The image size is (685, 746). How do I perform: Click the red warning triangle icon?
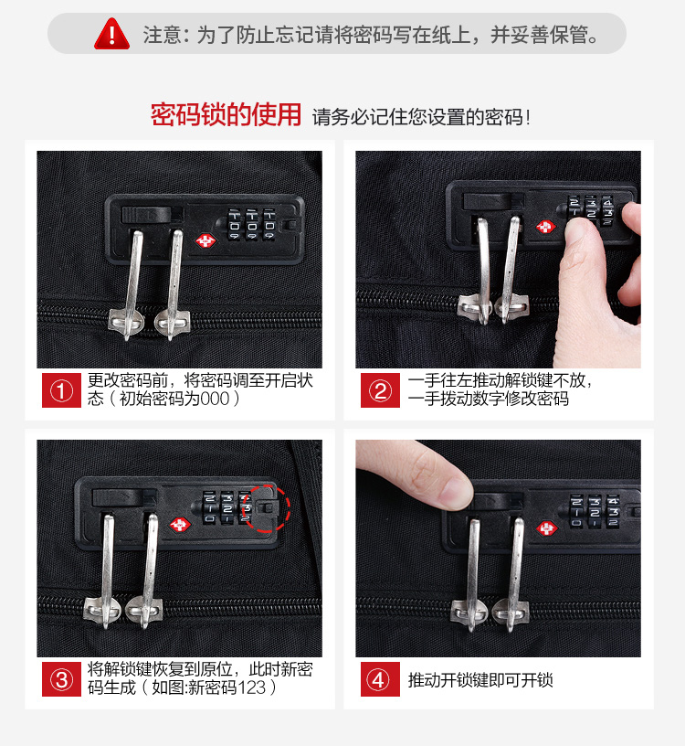(x=111, y=34)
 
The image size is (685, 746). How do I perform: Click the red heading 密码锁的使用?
(x=226, y=114)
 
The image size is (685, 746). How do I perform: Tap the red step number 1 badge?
(x=61, y=390)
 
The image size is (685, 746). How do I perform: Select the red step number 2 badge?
(x=380, y=390)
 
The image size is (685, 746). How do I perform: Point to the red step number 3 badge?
(x=61, y=679)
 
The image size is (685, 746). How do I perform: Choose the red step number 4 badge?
(x=380, y=679)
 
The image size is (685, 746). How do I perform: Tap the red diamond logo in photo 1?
(x=205, y=240)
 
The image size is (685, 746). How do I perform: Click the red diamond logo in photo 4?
(x=547, y=528)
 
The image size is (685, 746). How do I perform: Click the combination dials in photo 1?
(x=252, y=225)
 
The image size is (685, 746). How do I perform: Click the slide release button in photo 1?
(x=146, y=215)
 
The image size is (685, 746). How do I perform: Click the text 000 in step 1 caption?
(x=215, y=399)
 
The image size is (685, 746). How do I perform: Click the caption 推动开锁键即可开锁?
(x=480, y=680)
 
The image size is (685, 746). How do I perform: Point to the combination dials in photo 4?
(x=595, y=511)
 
